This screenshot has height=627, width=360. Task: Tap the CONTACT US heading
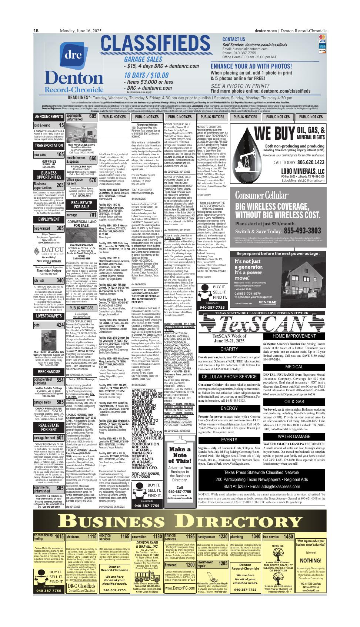point(233,39)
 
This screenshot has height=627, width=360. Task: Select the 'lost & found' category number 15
point(60,126)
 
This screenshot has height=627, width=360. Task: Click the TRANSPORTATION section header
point(49,145)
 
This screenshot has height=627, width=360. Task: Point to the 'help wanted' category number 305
point(60,229)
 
